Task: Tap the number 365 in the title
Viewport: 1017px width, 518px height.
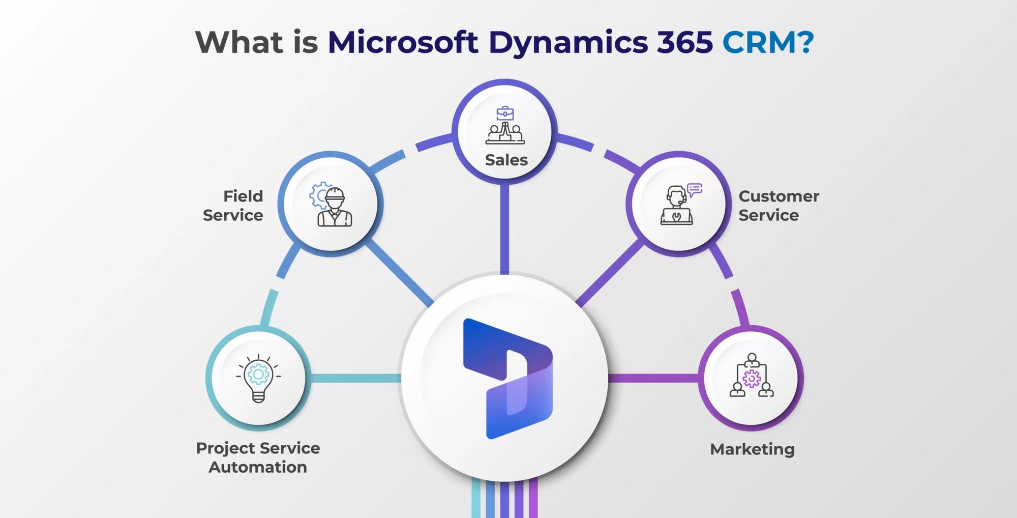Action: click(x=684, y=42)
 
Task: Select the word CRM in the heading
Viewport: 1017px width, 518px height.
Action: click(x=759, y=42)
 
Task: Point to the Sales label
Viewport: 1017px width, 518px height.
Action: click(x=506, y=160)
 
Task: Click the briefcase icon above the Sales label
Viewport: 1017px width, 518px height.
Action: click(x=505, y=113)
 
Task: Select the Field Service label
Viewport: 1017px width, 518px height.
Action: click(x=233, y=206)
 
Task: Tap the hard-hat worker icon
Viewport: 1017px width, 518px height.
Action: click(x=334, y=206)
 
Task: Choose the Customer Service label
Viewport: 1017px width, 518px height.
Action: click(x=779, y=206)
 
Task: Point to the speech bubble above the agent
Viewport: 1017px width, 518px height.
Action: click(x=695, y=189)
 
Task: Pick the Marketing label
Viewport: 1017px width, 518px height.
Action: click(x=752, y=449)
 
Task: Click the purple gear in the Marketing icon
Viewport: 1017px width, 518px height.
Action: click(x=752, y=378)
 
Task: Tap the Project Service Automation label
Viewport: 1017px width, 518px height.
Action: click(x=258, y=457)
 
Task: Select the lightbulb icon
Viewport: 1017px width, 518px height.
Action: click(x=258, y=378)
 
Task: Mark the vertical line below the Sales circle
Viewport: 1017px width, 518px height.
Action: click(x=504, y=229)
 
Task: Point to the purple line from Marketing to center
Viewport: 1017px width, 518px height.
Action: click(x=653, y=378)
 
